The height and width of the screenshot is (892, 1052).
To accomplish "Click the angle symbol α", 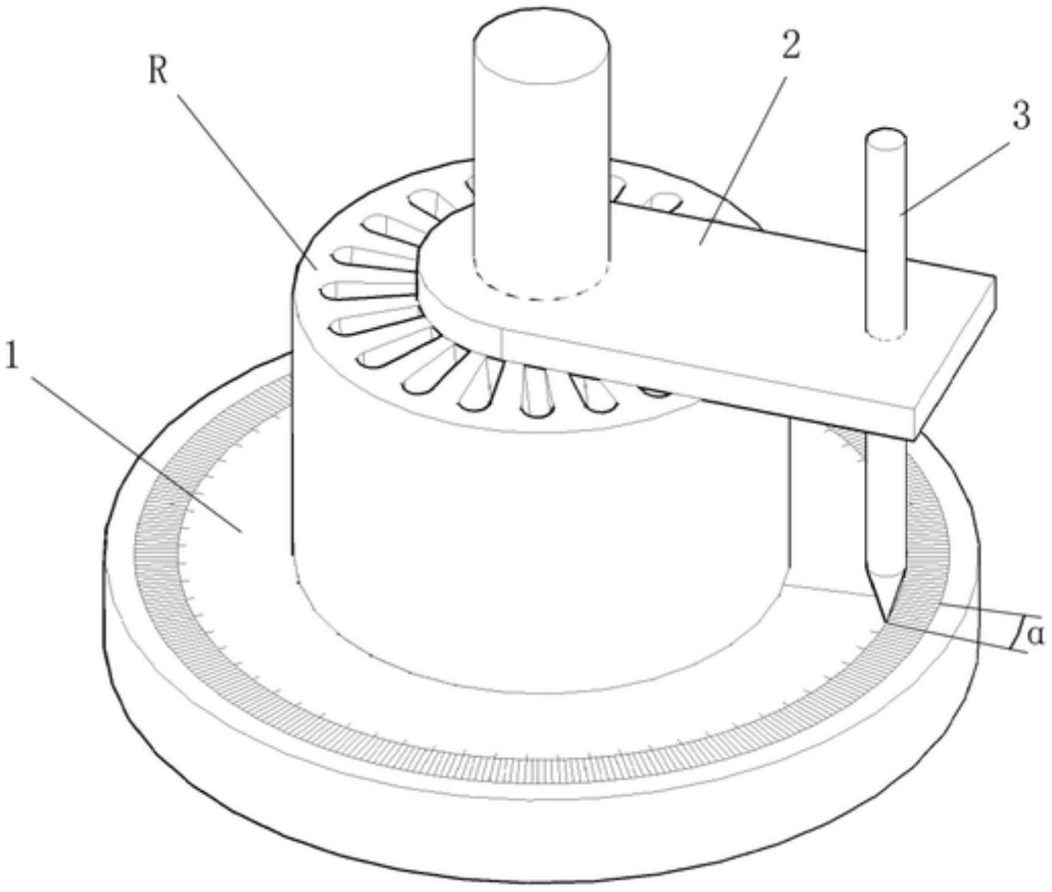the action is (1035, 635).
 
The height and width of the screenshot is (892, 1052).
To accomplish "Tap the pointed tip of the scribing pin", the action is (886, 622).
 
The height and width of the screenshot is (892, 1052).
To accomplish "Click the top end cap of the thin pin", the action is (886, 139).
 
